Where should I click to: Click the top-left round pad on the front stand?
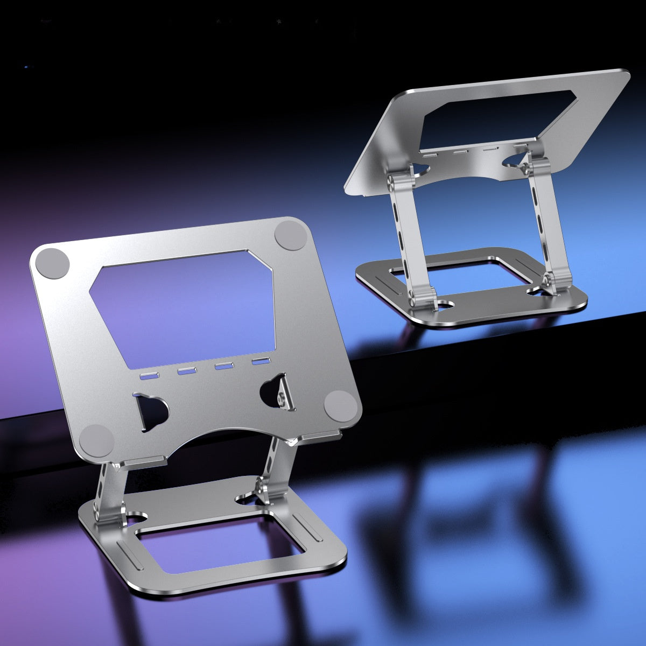[x=52, y=264]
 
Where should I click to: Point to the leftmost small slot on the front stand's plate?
[x=149, y=376]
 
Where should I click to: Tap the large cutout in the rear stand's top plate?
[x=495, y=118]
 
